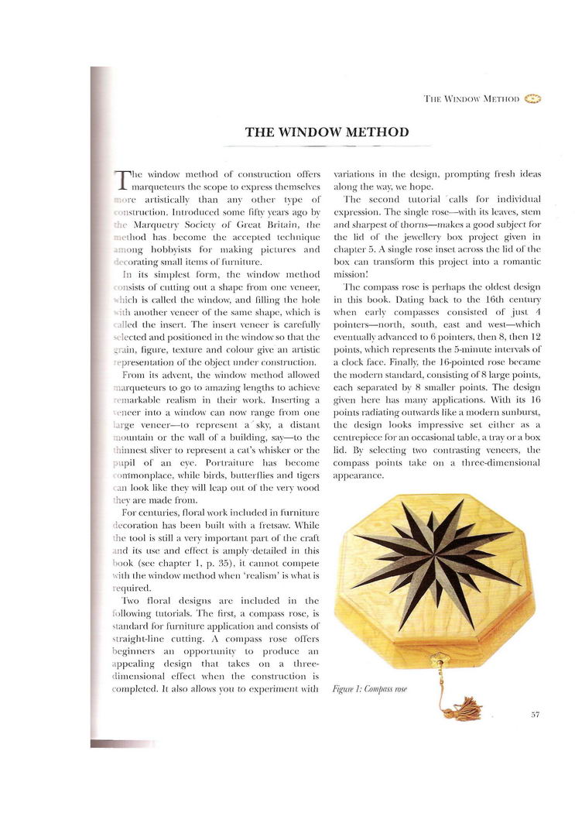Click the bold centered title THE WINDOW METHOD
click(327, 132)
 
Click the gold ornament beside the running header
click(532, 98)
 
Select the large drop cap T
click(121, 180)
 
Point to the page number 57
click(535, 715)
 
